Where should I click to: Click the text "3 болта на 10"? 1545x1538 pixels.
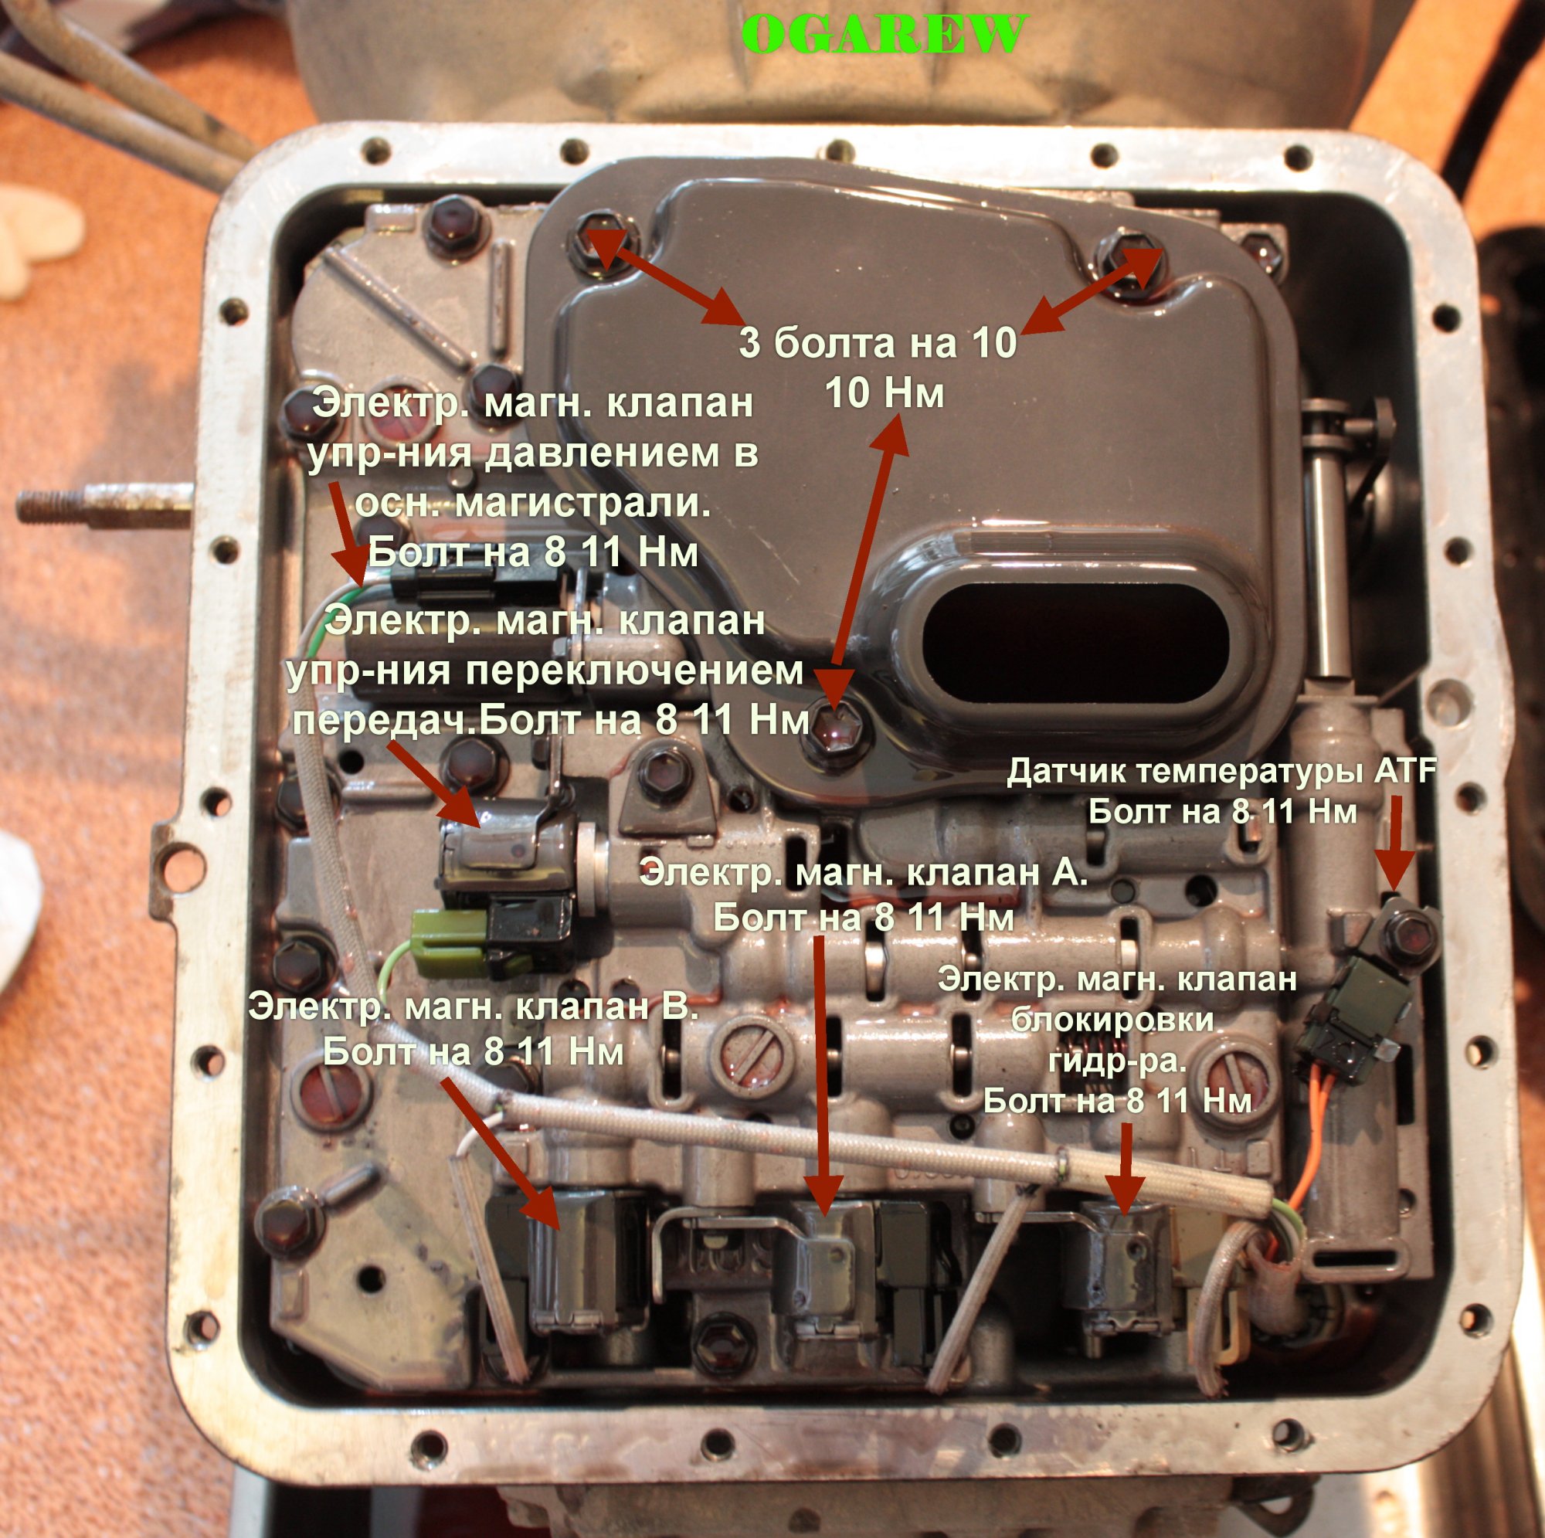click(x=878, y=343)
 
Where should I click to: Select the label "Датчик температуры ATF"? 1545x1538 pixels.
click(x=1222, y=772)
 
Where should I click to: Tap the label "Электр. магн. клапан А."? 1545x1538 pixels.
click(x=864, y=873)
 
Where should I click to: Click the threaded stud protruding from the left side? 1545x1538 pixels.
click(x=104, y=503)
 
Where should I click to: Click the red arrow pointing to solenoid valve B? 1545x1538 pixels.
click(x=500, y=1154)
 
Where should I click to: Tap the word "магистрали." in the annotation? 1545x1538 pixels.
click(x=532, y=503)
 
